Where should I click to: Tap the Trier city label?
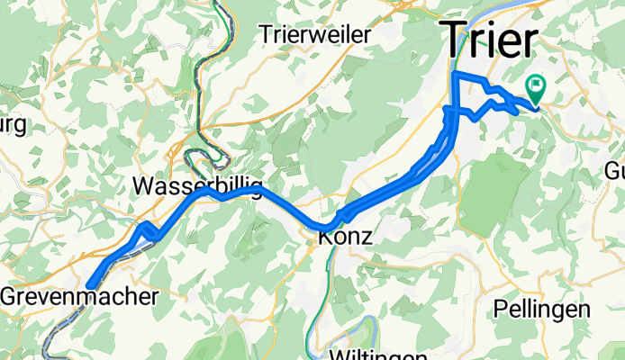(489, 41)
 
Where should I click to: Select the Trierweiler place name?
(315, 35)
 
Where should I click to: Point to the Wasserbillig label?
(196, 187)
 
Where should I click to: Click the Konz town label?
(343, 238)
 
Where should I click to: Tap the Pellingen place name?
(542, 309)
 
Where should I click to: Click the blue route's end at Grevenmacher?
(90, 286)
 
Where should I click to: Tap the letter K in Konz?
(323, 238)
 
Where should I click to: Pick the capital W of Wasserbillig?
(143, 187)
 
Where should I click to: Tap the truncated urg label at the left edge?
(14, 123)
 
